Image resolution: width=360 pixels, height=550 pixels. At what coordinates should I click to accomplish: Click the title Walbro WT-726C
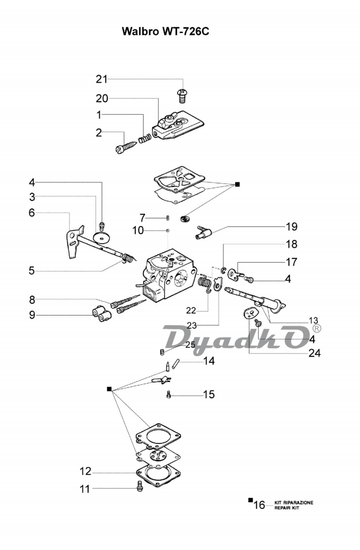(x=165, y=31)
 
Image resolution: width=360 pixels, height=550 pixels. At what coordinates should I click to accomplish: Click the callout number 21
(x=101, y=79)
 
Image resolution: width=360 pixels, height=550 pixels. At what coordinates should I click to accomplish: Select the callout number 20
(x=101, y=98)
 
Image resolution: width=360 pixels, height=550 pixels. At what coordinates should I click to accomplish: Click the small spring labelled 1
(x=143, y=139)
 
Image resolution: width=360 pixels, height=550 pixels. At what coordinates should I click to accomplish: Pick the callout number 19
(x=291, y=227)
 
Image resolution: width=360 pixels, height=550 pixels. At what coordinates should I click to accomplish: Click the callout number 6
(x=32, y=213)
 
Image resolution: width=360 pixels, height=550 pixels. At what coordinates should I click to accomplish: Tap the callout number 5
(x=32, y=270)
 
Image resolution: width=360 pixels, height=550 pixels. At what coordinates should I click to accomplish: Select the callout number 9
(x=32, y=314)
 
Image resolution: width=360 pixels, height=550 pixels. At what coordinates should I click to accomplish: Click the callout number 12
(x=85, y=471)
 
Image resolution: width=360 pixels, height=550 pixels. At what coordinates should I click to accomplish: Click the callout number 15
(x=209, y=394)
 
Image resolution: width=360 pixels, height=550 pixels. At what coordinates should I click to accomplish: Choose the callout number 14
(x=209, y=361)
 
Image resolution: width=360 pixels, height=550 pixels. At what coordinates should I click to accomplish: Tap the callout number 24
(x=314, y=352)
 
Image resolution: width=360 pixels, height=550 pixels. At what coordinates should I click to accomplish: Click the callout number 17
(x=291, y=262)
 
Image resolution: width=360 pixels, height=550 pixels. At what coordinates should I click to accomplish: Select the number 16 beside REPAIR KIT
(x=259, y=504)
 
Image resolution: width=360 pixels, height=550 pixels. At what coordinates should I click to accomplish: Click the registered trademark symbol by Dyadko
(x=317, y=329)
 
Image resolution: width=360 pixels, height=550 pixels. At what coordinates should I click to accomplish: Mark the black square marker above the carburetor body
(x=238, y=184)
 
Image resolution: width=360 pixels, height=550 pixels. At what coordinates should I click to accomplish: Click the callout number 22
(x=191, y=310)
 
